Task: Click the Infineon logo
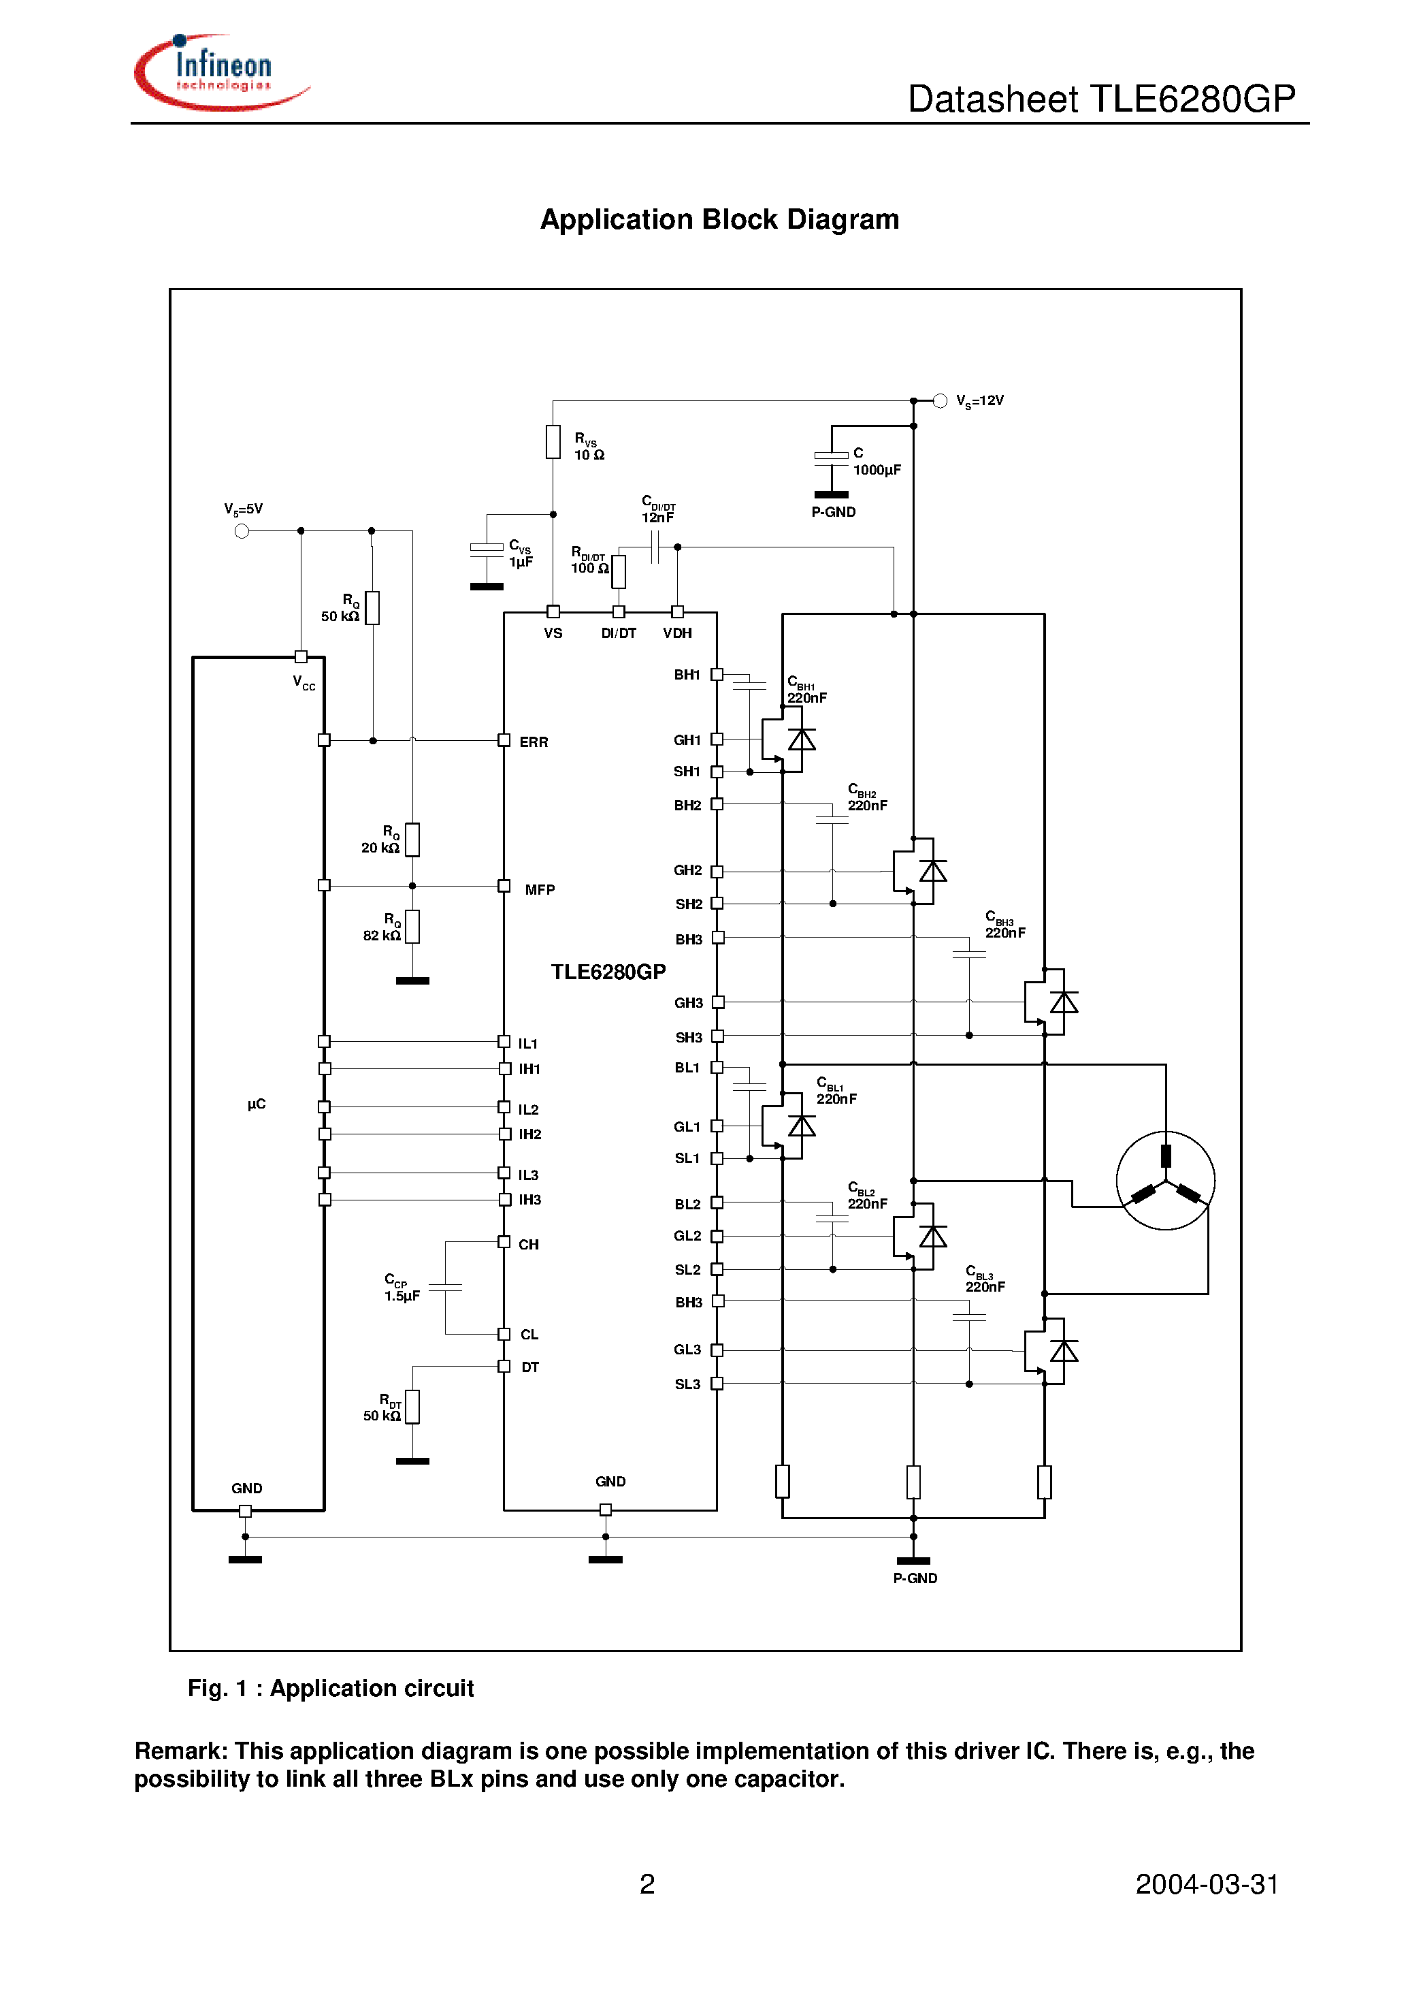(221, 73)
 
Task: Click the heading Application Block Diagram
(719, 219)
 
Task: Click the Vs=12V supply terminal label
(979, 400)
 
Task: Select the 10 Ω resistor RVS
(553, 441)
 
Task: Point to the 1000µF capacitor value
(877, 470)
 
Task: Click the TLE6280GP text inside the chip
(608, 972)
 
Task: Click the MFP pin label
(539, 890)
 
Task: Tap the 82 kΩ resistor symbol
(412, 926)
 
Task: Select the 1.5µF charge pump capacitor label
(402, 1296)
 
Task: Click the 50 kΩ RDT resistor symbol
(412, 1407)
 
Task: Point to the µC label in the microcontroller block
(256, 1104)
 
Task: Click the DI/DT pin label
(618, 634)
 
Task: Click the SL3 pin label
(687, 1384)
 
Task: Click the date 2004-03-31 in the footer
(1206, 1884)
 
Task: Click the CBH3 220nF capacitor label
(1004, 925)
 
